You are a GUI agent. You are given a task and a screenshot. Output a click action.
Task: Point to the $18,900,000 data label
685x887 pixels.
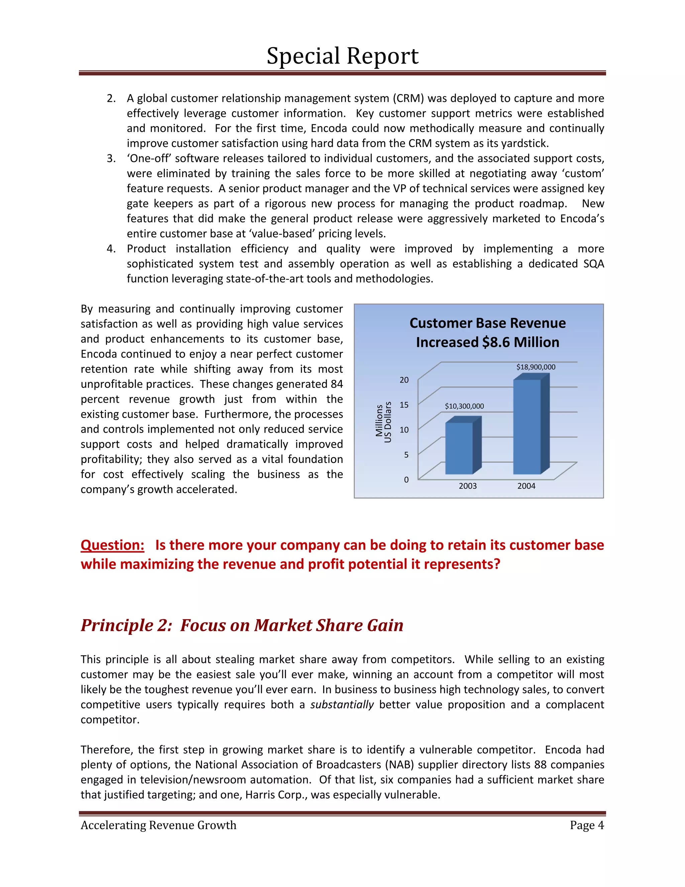coord(536,367)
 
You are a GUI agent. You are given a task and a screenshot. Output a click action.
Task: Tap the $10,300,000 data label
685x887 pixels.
coord(464,406)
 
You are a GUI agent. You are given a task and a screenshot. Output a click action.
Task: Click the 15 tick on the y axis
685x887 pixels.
coord(404,405)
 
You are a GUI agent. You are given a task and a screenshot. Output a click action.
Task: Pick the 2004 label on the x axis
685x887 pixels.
coord(526,486)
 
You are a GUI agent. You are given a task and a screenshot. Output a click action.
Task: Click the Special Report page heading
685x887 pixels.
coord(342,56)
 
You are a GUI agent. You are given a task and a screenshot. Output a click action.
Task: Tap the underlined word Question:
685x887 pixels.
coord(112,545)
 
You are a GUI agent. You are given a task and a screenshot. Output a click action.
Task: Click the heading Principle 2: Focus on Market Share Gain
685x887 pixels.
coord(242,625)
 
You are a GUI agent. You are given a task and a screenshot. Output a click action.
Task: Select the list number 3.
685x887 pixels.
coord(111,158)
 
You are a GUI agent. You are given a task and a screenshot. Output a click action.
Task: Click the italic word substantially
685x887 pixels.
coord(342,705)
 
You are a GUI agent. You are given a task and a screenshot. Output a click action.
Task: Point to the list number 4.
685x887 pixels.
coord(111,249)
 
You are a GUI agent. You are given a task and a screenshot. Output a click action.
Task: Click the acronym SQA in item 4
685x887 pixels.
coord(594,264)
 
